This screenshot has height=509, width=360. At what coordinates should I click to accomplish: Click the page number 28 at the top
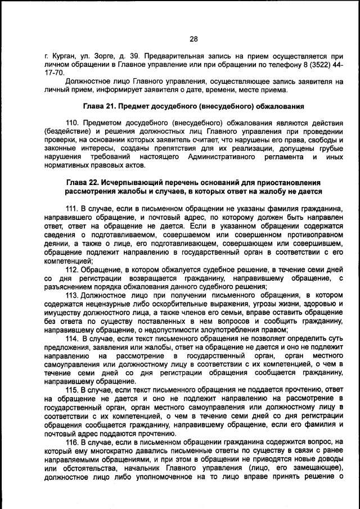coord(193,39)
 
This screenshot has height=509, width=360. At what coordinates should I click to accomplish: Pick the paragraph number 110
coord(73,123)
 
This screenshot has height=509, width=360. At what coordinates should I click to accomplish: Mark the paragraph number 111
coord(73,209)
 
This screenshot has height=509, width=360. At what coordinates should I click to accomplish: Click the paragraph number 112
coord(73,269)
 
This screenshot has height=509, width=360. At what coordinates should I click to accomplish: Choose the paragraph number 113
coord(73,295)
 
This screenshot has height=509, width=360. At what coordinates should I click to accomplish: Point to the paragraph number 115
coord(73,389)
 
